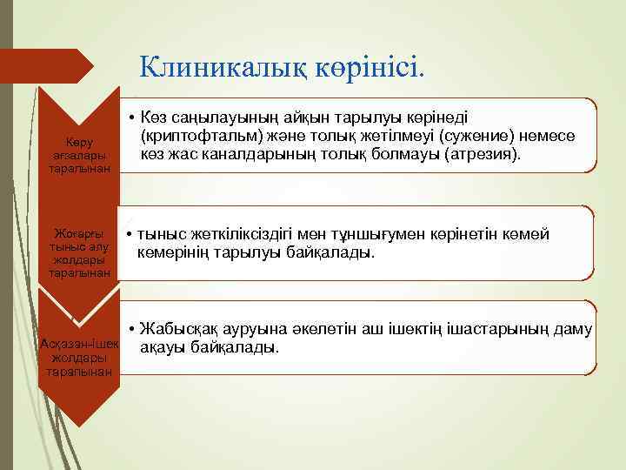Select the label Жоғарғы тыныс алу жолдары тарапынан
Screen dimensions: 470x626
click(79, 253)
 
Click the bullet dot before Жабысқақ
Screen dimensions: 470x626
click(130, 330)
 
